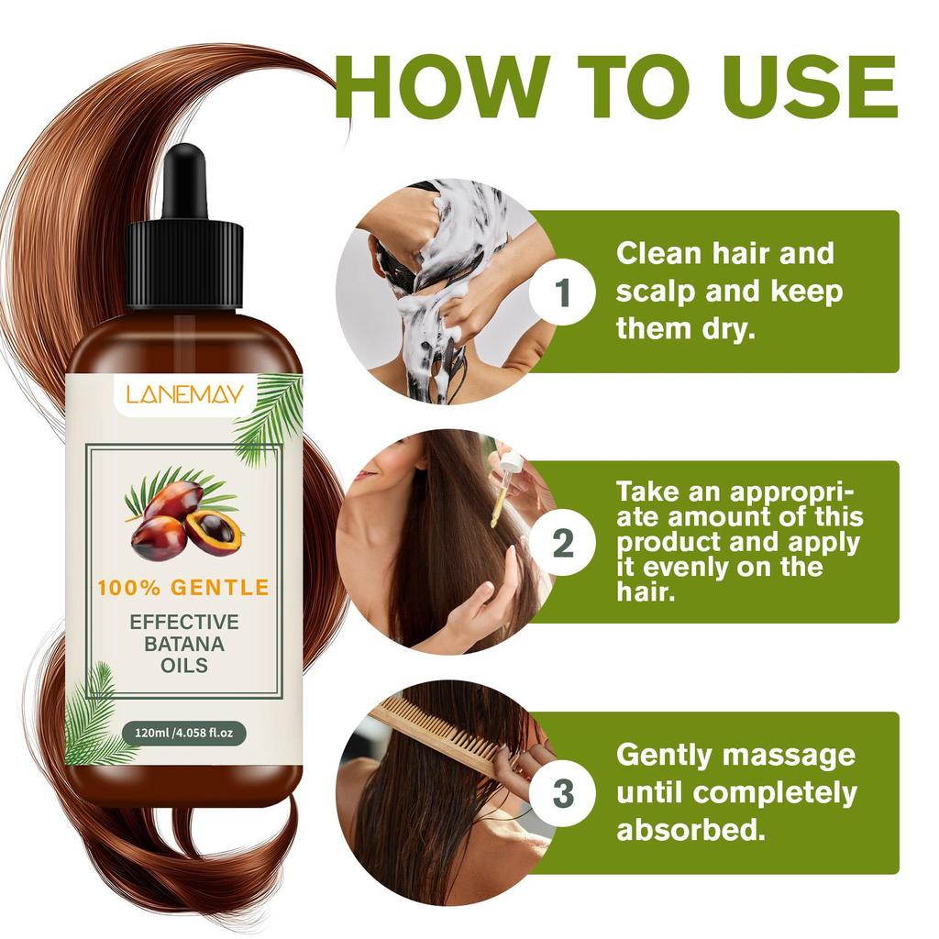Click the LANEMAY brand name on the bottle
coord(185,394)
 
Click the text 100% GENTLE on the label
coord(183,588)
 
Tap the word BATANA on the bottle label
coord(183,643)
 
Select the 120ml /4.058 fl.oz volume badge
coord(184,733)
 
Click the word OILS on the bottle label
coord(183,665)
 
